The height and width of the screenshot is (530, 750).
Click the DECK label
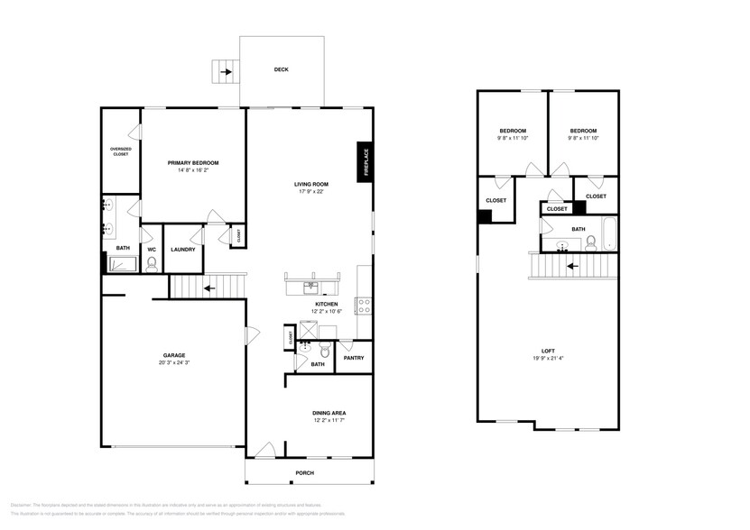pyautogui.click(x=282, y=69)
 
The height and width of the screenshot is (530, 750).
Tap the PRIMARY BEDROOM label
pyautogui.click(x=193, y=163)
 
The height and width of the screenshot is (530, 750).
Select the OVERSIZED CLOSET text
pyautogui.click(x=120, y=151)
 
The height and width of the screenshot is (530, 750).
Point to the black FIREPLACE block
pyautogui.click(x=366, y=163)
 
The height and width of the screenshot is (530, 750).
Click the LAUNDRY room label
pyautogui.click(x=183, y=250)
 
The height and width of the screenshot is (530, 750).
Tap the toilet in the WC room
pyautogui.click(x=152, y=263)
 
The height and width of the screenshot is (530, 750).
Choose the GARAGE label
pyautogui.click(x=174, y=355)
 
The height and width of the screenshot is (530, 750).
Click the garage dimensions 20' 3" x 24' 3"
pyautogui.click(x=174, y=362)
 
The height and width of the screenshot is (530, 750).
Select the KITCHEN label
pyautogui.click(x=326, y=305)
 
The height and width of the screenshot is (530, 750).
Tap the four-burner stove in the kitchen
pyautogui.click(x=364, y=305)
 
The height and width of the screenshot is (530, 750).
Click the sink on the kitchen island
pyautogui.click(x=311, y=287)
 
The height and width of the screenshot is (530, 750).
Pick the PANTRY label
pyautogui.click(x=354, y=358)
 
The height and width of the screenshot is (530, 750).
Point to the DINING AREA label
pyautogui.click(x=329, y=413)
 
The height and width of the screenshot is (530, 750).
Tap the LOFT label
pyautogui.click(x=548, y=351)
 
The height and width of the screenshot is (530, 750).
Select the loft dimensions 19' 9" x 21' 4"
pyautogui.click(x=548, y=358)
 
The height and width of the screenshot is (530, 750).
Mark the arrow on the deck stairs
pyautogui.click(x=224, y=69)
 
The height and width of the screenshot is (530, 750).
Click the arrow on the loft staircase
pyautogui.click(x=570, y=266)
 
